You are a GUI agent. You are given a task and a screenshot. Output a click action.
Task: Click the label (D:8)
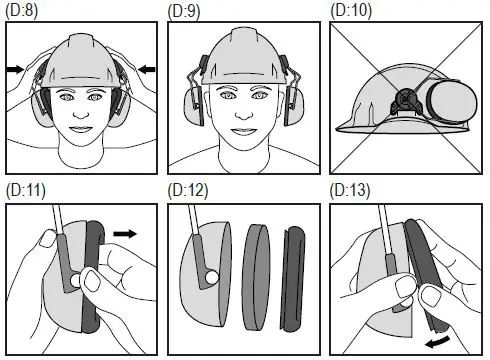[x=21, y=11]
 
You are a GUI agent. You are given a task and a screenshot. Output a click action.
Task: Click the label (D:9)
[x=184, y=11]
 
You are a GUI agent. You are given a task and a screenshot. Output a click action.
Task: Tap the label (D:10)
[x=351, y=11]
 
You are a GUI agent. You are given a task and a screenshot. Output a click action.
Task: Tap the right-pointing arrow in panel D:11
[x=125, y=233]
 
